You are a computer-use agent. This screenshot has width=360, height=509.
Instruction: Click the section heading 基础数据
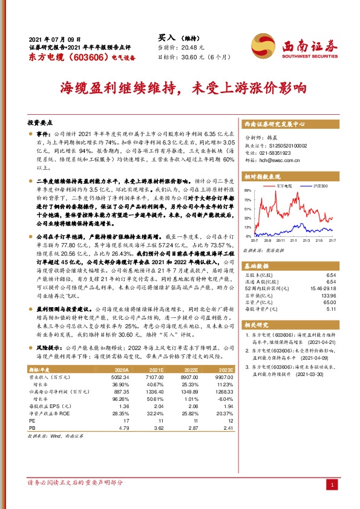[x=258, y=266]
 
